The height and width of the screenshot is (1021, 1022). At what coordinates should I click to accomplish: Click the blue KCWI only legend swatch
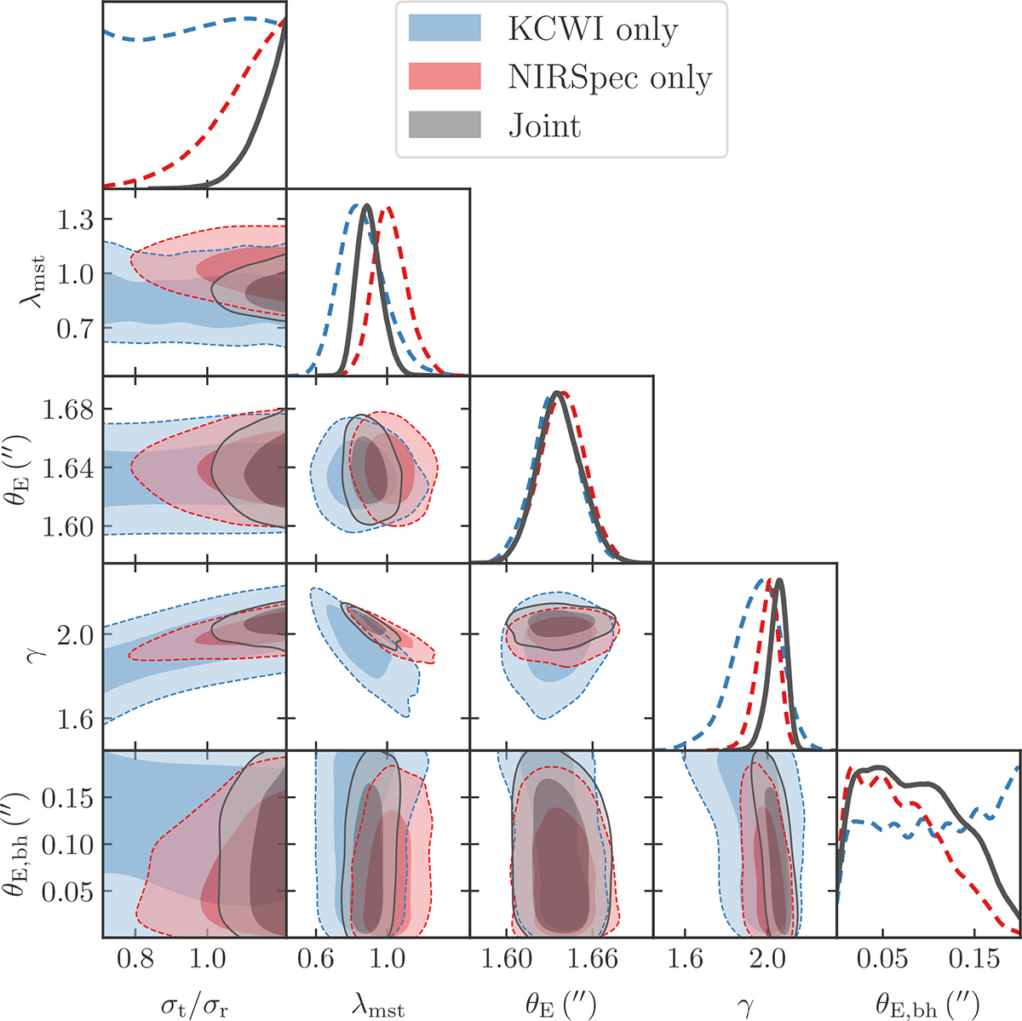tap(445, 29)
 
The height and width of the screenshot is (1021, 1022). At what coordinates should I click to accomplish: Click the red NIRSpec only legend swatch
tap(445, 77)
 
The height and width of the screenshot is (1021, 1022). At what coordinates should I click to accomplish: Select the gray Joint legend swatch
tap(445, 125)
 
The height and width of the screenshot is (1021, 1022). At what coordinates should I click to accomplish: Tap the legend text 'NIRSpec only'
tap(610, 77)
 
